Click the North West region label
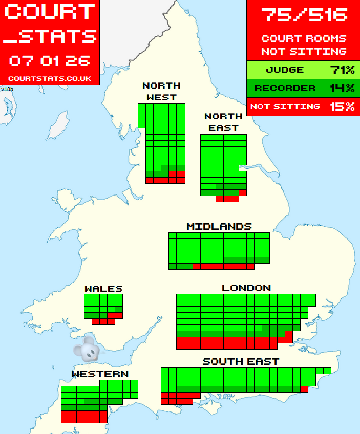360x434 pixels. pyautogui.click(x=161, y=91)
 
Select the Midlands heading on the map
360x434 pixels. pyautogui.click(x=219, y=226)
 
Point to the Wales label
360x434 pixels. pyautogui.click(x=103, y=289)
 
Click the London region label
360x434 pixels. pyautogui.click(x=246, y=288)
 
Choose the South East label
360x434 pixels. pyautogui.click(x=241, y=361)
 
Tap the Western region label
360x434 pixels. pyautogui.click(x=100, y=374)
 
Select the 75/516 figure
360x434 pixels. pyautogui.click(x=304, y=14)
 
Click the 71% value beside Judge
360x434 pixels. pyautogui.click(x=342, y=70)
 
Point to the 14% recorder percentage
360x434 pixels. pyautogui.click(x=342, y=88)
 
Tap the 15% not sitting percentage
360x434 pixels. pyautogui.click(x=342, y=106)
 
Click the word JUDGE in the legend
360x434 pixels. pyautogui.click(x=285, y=70)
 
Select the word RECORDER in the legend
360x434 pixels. pyautogui.click(x=285, y=88)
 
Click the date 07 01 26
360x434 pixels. pyautogui.click(x=50, y=61)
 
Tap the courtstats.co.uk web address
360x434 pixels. pyautogui.click(x=50, y=78)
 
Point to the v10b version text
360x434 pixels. pyautogui.click(x=7, y=89)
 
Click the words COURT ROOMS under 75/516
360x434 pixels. pyautogui.click(x=304, y=38)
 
